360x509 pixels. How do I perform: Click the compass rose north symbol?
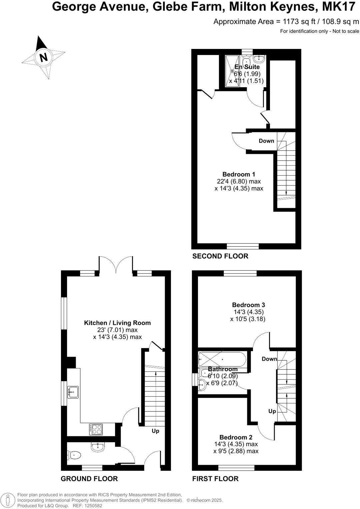pyautogui.click(x=43, y=57)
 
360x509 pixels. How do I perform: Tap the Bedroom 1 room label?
pyautogui.click(x=239, y=174)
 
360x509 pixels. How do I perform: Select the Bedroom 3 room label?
pyautogui.click(x=248, y=305)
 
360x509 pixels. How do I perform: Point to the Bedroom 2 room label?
pyautogui.click(x=236, y=437)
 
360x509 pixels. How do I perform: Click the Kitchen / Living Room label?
pyautogui.click(x=117, y=323)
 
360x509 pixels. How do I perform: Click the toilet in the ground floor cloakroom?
pyautogui.click(x=74, y=455)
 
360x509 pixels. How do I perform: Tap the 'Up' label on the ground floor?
pyautogui.click(x=155, y=431)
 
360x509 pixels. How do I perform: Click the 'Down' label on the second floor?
pyautogui.click(x=266, y=141)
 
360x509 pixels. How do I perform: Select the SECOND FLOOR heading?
pyautogui.click(x=220, y=256)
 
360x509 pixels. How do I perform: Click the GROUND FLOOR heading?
pyautogui.click(x=89, y=479)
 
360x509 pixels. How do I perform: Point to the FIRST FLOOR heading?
pyautogui.click(x=215, y=479)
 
